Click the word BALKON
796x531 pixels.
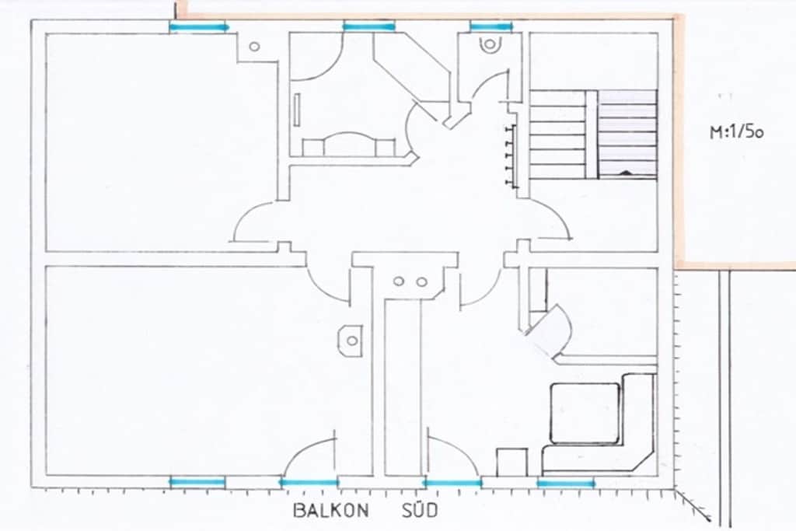pyautogui.click(x=331, y=510)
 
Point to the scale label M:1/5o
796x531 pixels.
pyautogui.click(x=736, y=132)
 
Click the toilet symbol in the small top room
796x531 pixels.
pyautogui.click(x=490, y=44)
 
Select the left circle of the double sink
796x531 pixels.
pyautogui.click(x=399, y=281)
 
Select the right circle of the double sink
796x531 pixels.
pyautogui.click(x=422, y=281)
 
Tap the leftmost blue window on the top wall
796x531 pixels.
pyautogui.click(x=199, y=27)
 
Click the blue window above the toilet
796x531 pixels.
pyautogui.click(x=491, y=26)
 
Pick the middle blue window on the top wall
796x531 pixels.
pyautogui.click(x=369, y=26)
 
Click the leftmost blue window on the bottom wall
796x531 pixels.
pyautogui.click(x=197, y=482)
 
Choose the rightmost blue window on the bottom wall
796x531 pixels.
pyautogui.click(x=566, y=484)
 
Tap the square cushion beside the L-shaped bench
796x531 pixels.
pyautogui.click(x=585, y=413)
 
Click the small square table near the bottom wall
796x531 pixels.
pyautogui.click(x=511, y=463)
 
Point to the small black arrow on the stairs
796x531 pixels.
pyautogui.click(x=626, y=173)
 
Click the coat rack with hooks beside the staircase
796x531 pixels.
pyautogui.click(x=511, y=155)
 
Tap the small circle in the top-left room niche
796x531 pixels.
pyautogui.click(x=254, y=47)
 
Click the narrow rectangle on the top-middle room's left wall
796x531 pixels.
pyautogui.click(x=296, y=109)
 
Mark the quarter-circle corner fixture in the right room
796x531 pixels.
pyautogui.click(x=548, y=332)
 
